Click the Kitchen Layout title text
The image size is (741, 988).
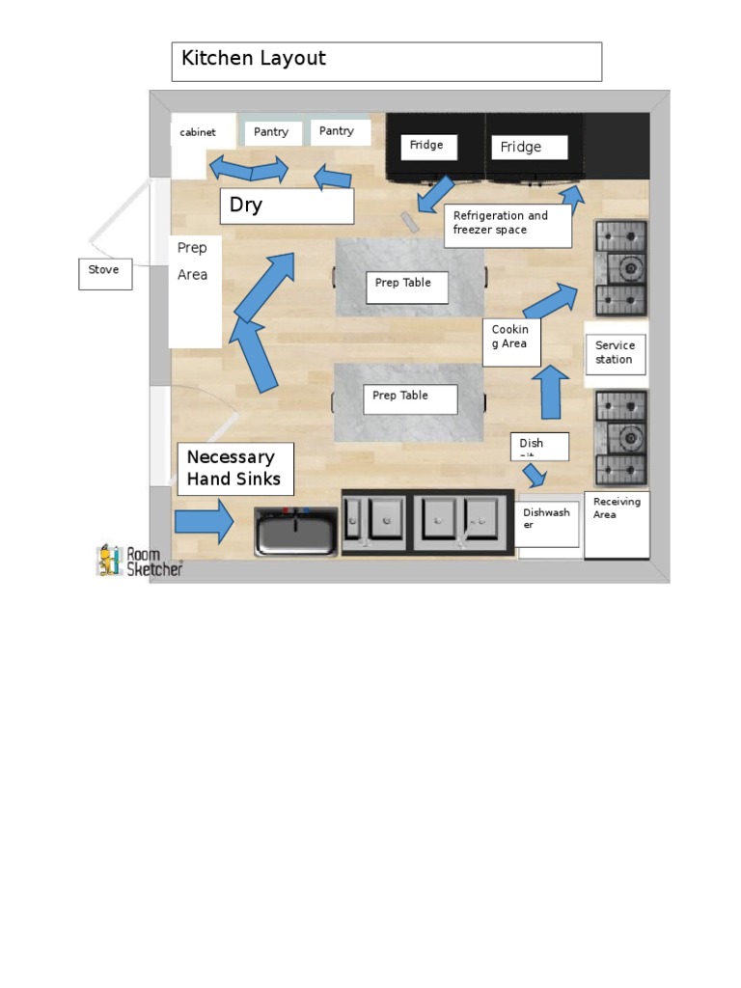[254, 59]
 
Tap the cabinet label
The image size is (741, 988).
[198, 132]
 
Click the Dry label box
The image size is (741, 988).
[287, 206]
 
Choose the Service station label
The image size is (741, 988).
[615, 352]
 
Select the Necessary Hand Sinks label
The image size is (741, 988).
[234, 468]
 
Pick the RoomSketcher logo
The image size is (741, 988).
[138, 562]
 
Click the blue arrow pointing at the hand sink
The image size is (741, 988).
[204, 522]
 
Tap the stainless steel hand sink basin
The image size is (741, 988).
[296, 532]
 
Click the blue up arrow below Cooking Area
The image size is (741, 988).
[551, 392]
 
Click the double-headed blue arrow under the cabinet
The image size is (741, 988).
[250, 170]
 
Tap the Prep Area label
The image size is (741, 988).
[193, 261]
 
